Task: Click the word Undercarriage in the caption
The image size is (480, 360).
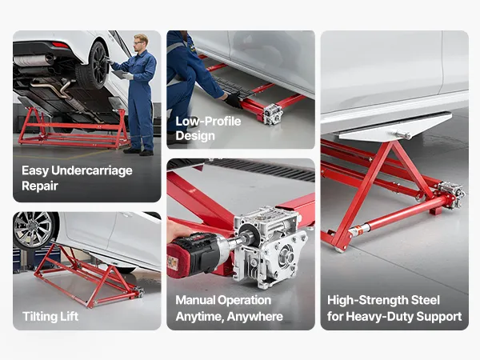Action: [x=91, y=171]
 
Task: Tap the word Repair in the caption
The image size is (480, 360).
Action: [x=40, y=186]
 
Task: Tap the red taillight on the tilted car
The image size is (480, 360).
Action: [x=60, y=46]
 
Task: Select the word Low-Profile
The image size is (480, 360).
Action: [x=208, y=122]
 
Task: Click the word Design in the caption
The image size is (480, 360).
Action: [x=195, y=136]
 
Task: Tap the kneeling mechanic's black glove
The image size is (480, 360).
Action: [x=233, y=100]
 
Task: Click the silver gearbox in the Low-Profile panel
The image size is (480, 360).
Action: [x=273, y=114]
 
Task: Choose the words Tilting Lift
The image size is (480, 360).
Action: [x=50, y=316]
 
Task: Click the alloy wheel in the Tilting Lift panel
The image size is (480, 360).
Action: [x=34, y=230]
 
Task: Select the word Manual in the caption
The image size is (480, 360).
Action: [x=196, y=300]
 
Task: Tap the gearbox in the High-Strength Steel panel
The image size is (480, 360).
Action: [x=450, y=193]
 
